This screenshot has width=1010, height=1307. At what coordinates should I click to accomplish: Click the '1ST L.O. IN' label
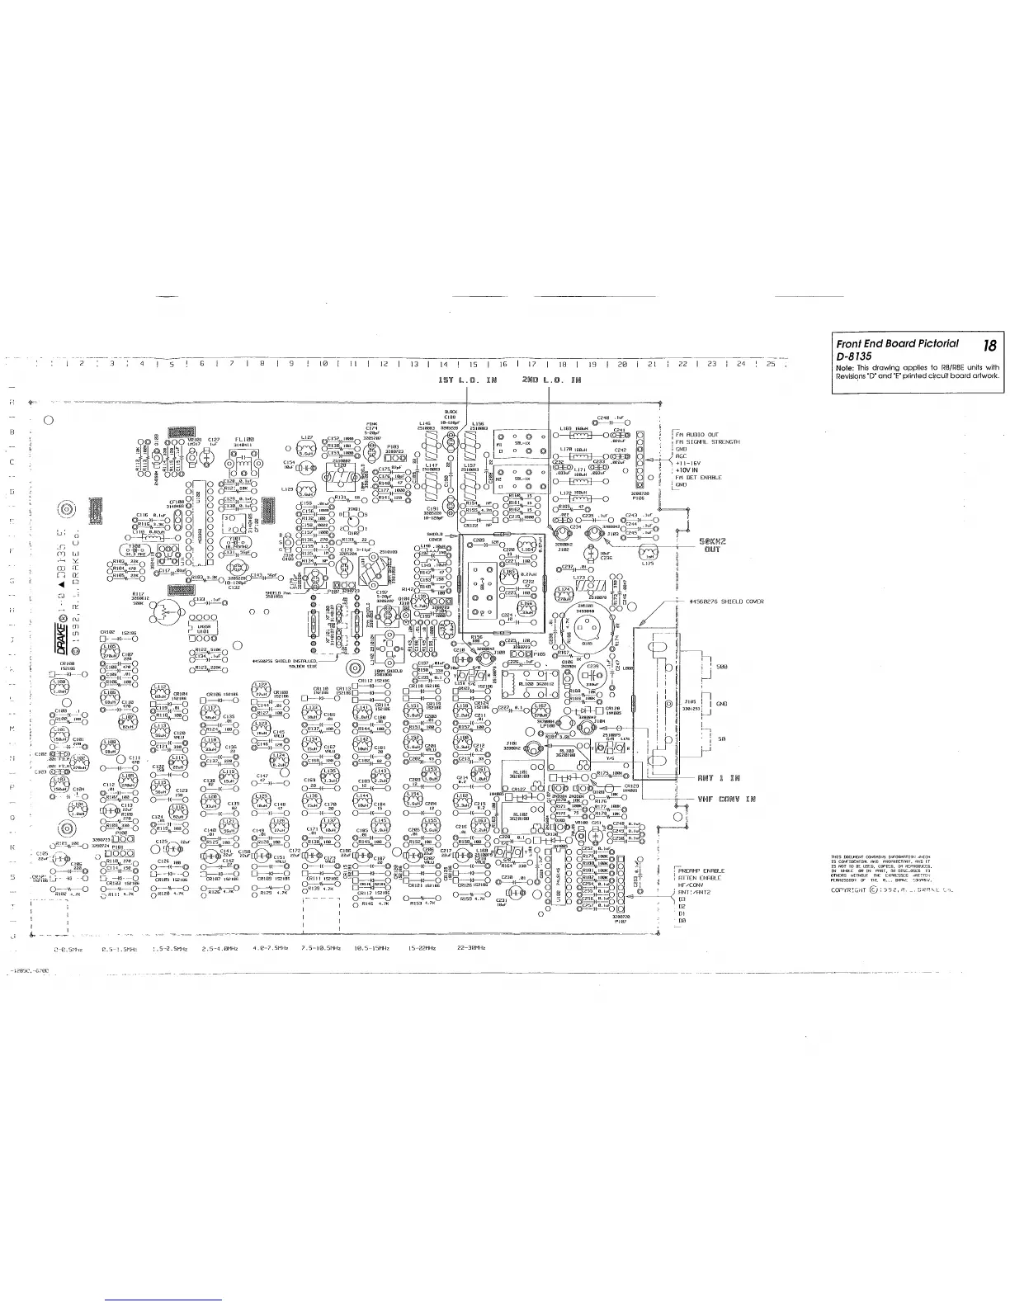tap(468, 380)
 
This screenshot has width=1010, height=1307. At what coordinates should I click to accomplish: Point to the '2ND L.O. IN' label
tap(552, 380)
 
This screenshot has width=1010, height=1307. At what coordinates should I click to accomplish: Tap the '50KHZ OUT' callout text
tap(711, 545)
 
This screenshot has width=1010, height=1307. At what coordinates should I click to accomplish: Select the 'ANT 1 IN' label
tap(715, 778)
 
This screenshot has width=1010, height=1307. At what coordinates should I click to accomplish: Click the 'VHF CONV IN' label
tap(727, 799)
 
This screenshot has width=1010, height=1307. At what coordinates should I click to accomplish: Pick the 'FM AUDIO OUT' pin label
tap(697, 434)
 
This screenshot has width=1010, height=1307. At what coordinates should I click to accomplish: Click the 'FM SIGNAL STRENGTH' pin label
tap(708, 441)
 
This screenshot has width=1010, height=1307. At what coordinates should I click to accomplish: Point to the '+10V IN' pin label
tap(689, 470)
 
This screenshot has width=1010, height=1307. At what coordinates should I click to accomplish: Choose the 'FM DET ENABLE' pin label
tap(699, 478)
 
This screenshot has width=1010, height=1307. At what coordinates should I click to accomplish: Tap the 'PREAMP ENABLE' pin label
tap(701, 871)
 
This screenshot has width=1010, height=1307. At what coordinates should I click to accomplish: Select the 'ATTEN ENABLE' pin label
tap(699, 878)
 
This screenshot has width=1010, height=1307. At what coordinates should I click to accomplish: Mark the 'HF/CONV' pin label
tap(690, 885)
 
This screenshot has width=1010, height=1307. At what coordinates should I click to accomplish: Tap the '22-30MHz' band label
tap(470, 949)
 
